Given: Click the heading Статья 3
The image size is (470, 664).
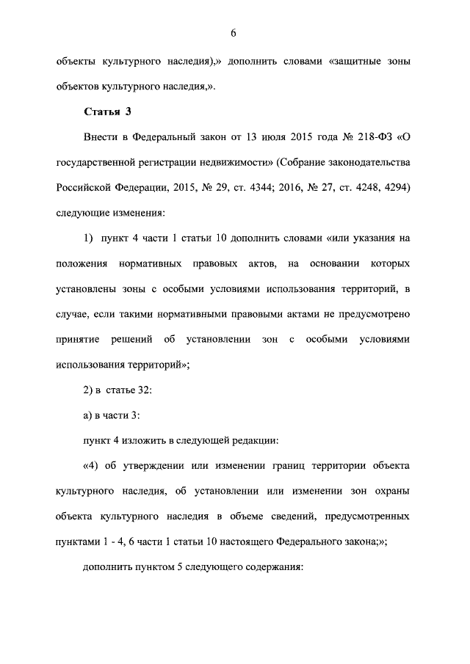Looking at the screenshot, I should click(x=105, y=112).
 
